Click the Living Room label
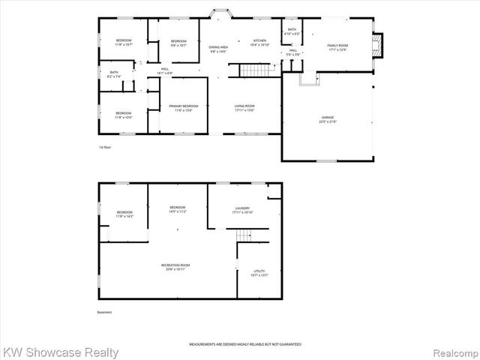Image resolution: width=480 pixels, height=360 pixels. point(244,108)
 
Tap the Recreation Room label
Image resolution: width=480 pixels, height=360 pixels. point(175,266)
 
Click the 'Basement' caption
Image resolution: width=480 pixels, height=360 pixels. point(106,312)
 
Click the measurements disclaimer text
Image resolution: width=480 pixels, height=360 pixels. point(244,343)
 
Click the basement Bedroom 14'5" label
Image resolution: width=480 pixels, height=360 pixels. point(177,209)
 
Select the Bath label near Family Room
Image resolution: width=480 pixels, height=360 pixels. point(292,32)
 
